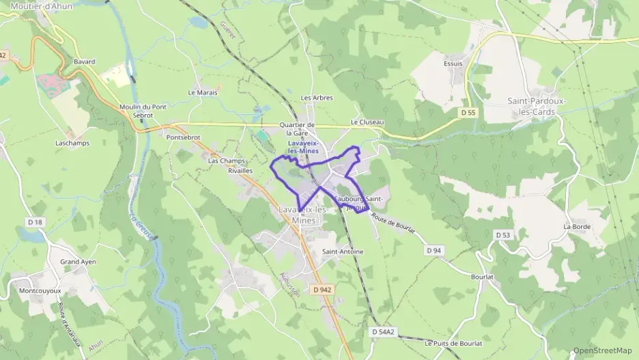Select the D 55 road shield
[468, 112]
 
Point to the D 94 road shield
[434, 251]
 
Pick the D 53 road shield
[502, 235]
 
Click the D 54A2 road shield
[384, 332]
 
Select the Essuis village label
[453, 64]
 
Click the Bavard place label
[84, 61]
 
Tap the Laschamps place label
[69, 143]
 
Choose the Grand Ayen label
[78, 262]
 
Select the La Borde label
[576, 226]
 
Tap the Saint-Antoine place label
[343, 251]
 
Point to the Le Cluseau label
[367, 122]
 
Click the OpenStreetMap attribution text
[602, 350]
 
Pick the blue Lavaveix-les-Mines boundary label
[303, 147]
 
